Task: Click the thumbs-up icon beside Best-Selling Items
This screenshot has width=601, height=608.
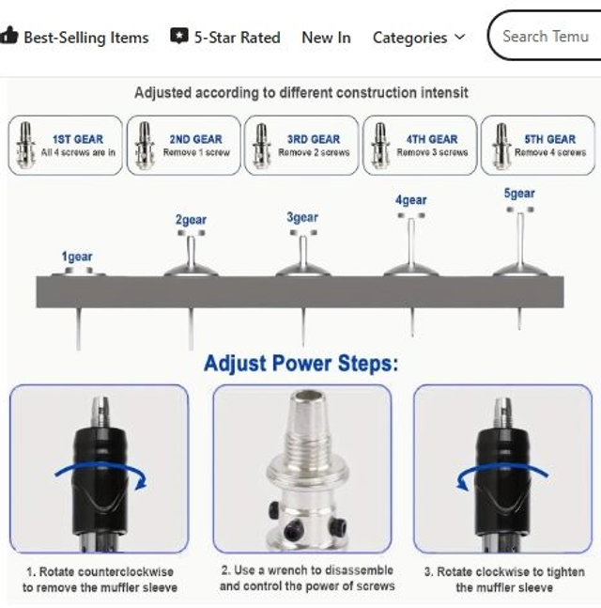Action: [x=8, y=36]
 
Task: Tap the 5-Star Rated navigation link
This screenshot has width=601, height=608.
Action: [x=225, y=38]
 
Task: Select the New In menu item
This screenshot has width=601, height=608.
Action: [x=326, y=38]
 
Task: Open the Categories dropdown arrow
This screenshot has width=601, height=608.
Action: [x=460, y=37]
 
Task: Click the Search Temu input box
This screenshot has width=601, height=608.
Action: [x=546, y=36]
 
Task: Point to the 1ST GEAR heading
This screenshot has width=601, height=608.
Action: [x=78, y=139]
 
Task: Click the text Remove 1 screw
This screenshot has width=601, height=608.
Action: [x=196, y=152]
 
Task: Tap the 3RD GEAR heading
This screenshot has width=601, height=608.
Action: [x=314, y=139]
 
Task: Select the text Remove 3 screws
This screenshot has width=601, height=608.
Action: [x=432, y=152]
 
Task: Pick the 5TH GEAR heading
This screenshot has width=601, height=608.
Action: [x=550, y=139]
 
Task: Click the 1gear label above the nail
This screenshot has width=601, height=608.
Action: [x=77, y=257]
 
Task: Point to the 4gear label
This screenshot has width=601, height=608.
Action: [x=411, y=200]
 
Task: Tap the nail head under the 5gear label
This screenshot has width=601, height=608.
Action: [x=520, y=210]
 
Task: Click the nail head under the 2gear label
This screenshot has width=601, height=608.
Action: [x=191, y=233]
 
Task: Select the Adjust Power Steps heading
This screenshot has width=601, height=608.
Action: [x=301, y=364]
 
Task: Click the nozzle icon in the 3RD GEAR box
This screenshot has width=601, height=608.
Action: [x=262, y=146]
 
